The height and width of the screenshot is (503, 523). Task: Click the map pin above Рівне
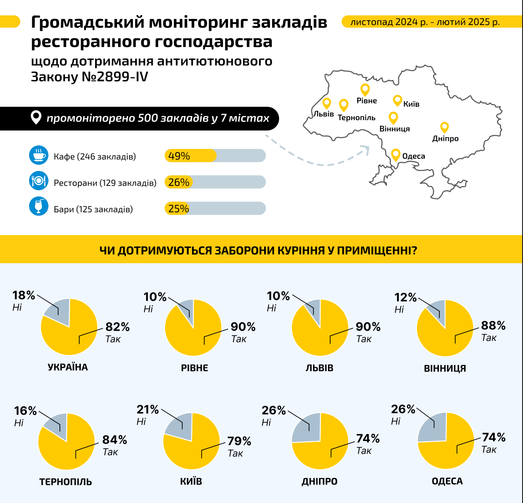[x=365, y=89]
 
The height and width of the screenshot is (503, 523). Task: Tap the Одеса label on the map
[x=413, y=156]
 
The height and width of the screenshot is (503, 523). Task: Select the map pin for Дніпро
[x=445, y=127]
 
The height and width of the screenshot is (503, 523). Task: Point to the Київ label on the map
[x=411, y=104]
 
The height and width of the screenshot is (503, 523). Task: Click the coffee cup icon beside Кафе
[x=39, y=155]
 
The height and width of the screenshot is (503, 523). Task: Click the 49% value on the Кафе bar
[x=179, y=156]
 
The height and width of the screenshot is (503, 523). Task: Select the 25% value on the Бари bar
[x=178, y=208]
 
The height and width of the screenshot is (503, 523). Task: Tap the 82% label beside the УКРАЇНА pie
[x=118, y=327]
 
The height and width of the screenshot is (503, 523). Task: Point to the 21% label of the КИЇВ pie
[x=147, y=410]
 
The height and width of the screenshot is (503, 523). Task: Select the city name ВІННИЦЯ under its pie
[x=445, y=368]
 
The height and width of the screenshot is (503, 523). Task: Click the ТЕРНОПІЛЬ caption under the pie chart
[x=66, y=482]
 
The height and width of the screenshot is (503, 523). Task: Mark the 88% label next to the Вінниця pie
[x=493, y=326]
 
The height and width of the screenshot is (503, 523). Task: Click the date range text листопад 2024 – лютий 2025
[x=425, y=22]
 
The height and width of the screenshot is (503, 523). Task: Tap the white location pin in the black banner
[x=36, y=117]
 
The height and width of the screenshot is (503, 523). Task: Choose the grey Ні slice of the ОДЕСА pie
[x=431, y=427]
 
